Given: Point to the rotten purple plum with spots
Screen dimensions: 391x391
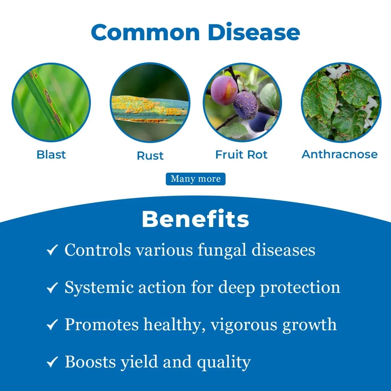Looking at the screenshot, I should tap(245, 105).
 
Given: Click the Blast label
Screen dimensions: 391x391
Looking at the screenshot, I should tap(51, 155).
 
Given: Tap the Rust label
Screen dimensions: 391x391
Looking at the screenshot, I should tap(150, 156).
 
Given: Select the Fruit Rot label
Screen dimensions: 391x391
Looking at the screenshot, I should tap(241, 155).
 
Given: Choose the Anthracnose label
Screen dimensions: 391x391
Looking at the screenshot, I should tap(340, 154).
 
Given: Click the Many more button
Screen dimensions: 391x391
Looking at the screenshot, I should tap(195, 179).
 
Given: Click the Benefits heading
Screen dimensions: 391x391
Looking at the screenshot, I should tap(195, 219).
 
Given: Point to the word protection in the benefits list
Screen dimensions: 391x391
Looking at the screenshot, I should tap(300, 287).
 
